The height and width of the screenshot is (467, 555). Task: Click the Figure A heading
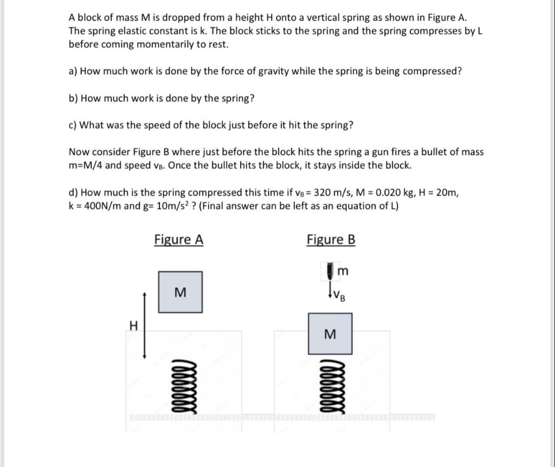tap(179, 239)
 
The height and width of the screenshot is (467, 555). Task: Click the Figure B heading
tap(331, 239)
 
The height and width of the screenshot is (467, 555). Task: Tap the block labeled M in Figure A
tap(180, 293)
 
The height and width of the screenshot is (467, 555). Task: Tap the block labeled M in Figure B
tap(330, 334)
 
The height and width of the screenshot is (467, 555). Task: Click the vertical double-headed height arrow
tap(145, 325)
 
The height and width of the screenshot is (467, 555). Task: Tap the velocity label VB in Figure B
tap(339, 296)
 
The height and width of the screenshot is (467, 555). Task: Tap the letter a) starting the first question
tap(73, 72)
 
